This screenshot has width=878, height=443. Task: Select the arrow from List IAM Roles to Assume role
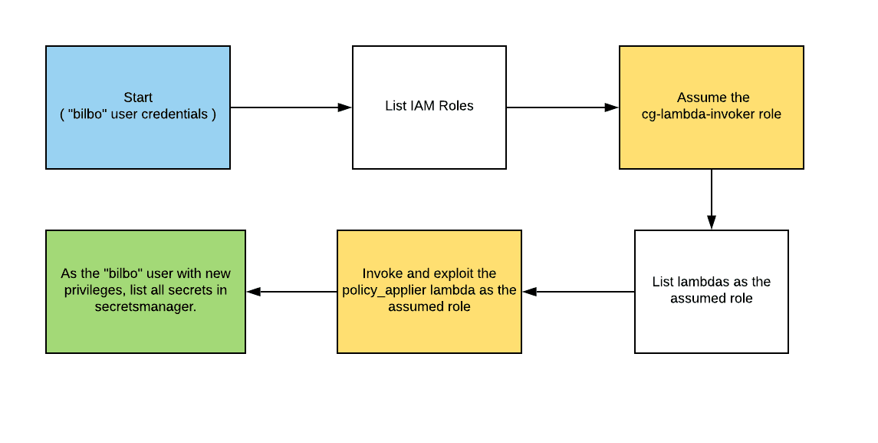tap(562, 107)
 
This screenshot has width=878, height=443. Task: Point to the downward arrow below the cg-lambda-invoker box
tap(712, 199)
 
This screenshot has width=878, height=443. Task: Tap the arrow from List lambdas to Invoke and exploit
tap(579, 292)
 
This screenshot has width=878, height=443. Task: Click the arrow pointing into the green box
tap(291, 292)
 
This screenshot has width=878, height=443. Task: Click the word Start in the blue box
tap(138, 98)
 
